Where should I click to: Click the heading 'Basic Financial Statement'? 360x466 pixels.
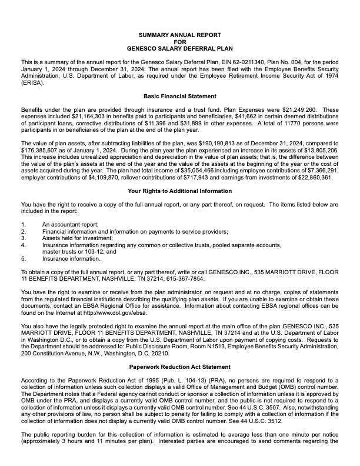tap(180, 96)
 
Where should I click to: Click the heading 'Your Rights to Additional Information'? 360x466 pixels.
tap(180, 191)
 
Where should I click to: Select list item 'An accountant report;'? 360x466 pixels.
tap(70, 225)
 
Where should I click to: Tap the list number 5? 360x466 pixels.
tap(24, 258)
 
